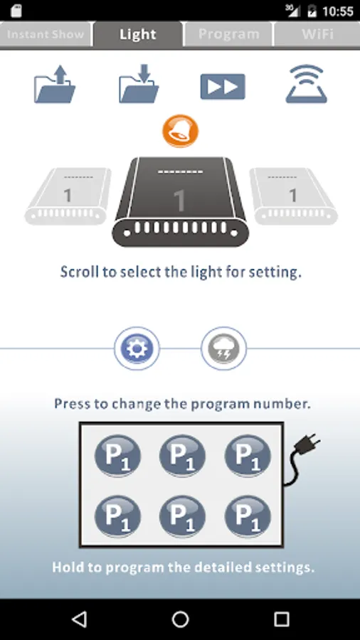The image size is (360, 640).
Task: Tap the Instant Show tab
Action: click(x=46, y=34)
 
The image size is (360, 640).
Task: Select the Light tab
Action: click(x=137, y=34)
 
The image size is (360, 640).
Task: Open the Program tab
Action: click(x=228, y=34)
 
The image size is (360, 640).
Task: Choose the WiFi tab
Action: click(x=317, y=34)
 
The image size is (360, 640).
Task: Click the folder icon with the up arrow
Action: click(x=55, y=84)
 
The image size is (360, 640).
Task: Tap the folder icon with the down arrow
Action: click(x=139, y=84)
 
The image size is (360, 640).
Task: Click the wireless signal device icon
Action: click(x=307, y=84)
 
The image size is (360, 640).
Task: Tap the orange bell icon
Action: click(x=181, y=131)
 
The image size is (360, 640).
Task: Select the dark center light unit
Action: click(x=181, y=202)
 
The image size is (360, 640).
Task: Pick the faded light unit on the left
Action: click(x=68, y=196)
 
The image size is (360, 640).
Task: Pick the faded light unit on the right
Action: click(x=293, y=196)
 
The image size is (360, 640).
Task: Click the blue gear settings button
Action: click(x=137, y=348)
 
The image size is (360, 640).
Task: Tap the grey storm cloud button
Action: click(x=223, y=348)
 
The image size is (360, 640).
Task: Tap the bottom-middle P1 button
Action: click(x=182, y=516)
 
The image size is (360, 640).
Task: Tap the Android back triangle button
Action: click(x=80, y=619)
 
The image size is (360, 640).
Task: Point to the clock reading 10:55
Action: click(x=337, y=11)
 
